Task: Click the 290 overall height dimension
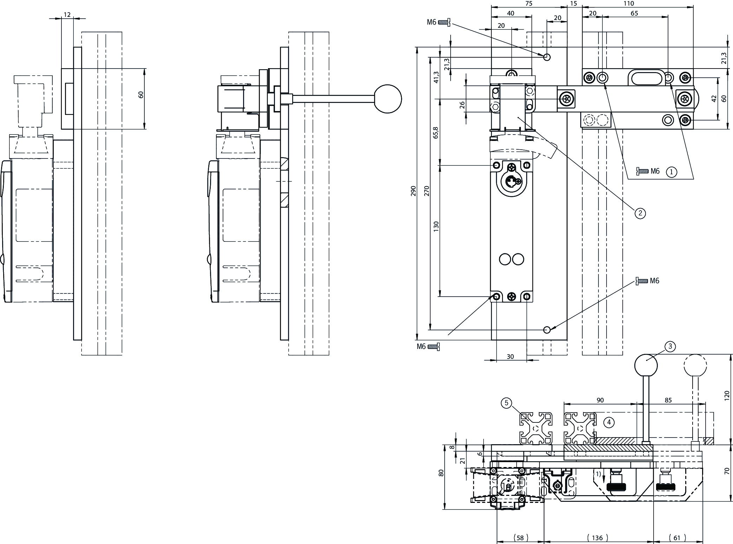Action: [x=413, y=191]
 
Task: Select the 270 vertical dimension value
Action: [x=427, y=191]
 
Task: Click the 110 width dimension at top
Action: [x=629, y=4]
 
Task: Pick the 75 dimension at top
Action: [x=529, y=4]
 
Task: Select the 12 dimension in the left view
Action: [x=67, y=15]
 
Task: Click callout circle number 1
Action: [x=672, y=172]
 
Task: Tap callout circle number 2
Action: [x=640, y=213]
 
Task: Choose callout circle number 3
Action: [x=670, y=347]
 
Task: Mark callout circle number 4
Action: [x=609, y=422]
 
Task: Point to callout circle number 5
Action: [x=506, y=403]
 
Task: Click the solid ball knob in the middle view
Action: [x=388, y=99]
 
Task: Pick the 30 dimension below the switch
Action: [x=510, y=356]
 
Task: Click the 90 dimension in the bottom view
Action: [x=600, y=400]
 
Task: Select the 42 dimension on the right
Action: [x=714, y=99]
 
